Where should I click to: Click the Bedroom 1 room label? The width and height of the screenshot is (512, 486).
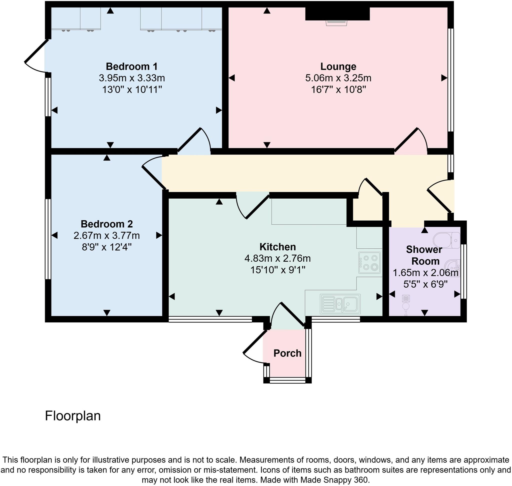131,67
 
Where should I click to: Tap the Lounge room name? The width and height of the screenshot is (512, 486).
338,67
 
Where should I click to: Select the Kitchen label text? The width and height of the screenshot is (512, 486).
277,247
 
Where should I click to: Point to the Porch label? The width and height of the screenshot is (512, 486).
287,353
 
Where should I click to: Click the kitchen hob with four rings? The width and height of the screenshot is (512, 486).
369,263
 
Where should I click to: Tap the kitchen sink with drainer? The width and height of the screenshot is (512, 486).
340,304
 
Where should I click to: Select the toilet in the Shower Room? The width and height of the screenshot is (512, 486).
446,240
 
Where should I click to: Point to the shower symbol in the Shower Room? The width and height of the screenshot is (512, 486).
406,305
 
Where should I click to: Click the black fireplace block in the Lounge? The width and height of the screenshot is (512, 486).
337,14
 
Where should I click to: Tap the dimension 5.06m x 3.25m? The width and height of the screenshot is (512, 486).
338,78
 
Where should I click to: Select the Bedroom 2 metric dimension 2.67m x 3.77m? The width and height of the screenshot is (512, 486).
107,235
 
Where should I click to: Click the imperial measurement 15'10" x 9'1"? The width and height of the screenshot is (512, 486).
277,270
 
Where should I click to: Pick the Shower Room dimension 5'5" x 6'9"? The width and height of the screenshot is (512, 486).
425,284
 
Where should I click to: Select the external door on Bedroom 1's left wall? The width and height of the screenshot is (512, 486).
36,56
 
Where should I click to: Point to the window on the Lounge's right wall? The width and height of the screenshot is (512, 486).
451,80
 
